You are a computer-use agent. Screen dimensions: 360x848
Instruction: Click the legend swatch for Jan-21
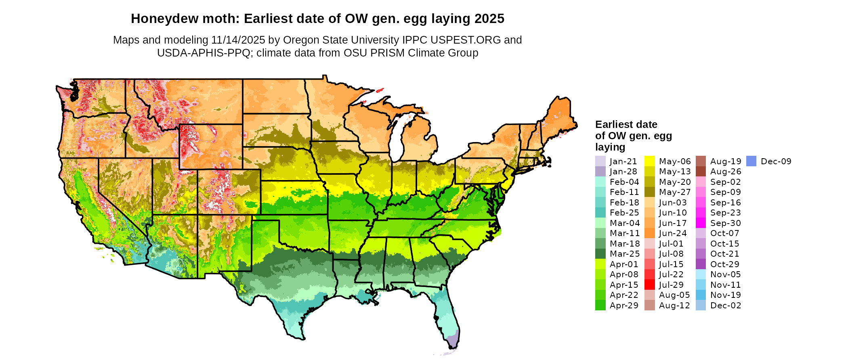(x=600, y=161)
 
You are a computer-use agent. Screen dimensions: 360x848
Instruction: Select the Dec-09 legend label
(x=776, y=161)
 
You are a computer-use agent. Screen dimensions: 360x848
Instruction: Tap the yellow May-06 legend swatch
(x=649, y=161)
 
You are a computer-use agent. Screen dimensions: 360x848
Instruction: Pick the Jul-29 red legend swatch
(x=649, y=285)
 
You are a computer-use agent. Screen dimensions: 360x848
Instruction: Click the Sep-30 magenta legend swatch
(x=701, y=223)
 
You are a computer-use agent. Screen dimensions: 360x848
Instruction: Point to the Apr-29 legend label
(x=624, y=305)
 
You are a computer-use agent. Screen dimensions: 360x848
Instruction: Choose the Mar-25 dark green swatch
(x=600, y=254)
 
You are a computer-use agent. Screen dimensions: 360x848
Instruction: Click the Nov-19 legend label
(x=725, y=295)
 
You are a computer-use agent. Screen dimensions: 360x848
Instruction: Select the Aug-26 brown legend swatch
(x=701, y=172)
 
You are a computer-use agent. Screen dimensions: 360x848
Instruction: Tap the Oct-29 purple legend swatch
(x=701, y=264)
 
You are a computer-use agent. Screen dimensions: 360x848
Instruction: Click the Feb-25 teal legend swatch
(x=600, y=213)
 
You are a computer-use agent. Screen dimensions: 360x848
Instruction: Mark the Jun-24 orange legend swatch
(x=649, y=233)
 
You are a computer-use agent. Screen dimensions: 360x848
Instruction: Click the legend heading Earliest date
(x=626, y=124)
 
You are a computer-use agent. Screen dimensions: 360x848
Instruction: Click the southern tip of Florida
(x=452, y=346)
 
